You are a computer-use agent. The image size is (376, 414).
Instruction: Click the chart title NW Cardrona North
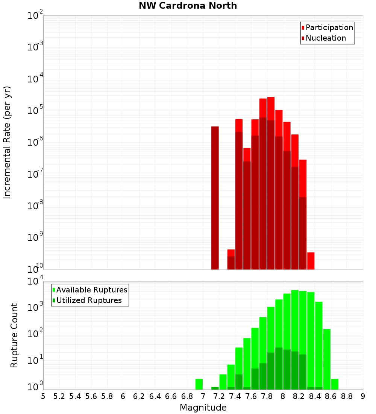click(x=188, y=6)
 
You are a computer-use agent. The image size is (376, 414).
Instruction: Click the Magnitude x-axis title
click(x=203, y=408)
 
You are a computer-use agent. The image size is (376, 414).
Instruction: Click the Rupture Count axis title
click(x=14, y=335)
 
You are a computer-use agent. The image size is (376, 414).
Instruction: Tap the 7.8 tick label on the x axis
click(x=267, y=396)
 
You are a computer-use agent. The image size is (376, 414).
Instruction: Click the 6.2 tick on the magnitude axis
click(x=139, y=396)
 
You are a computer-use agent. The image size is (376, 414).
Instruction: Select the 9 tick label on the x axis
click(x=363, y=396)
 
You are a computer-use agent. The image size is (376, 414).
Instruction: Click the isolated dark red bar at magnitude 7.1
click(x=215, y=198)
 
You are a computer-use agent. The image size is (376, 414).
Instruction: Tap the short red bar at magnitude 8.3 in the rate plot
click(x=311, y=260)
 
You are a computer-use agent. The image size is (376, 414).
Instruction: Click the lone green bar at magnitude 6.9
click(x=199, y=384)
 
